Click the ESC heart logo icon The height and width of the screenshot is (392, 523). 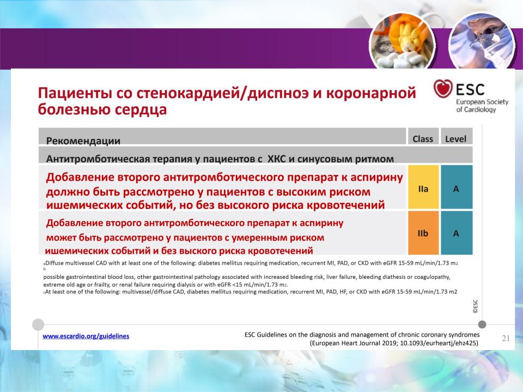tap(442, 88)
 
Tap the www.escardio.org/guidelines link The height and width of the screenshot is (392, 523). tap(86, 336)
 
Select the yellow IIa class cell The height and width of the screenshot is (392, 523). tap(423, 187)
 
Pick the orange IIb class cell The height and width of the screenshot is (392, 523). tap(423, 232)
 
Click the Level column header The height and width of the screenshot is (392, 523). tap(455, 139)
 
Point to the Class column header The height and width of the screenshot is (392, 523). tap(423, 139)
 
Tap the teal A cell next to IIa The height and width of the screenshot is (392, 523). tap(457, 187)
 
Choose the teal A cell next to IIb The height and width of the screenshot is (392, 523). tap(457, 232)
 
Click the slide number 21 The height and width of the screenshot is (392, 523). tap(506, 338)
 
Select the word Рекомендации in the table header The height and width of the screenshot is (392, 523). tap(83, 140)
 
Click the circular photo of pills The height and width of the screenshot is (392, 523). tap(402, 42)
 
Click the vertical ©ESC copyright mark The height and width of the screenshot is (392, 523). tap(475, 307)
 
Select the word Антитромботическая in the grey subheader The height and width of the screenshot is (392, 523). tap(98, 159)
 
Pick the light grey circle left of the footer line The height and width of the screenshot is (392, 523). tap(38, 324)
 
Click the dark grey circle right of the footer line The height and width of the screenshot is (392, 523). tap(482, 324)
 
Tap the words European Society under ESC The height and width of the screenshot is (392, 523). tap(482, 102)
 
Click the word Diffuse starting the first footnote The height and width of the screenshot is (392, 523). tap(54, 263)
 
